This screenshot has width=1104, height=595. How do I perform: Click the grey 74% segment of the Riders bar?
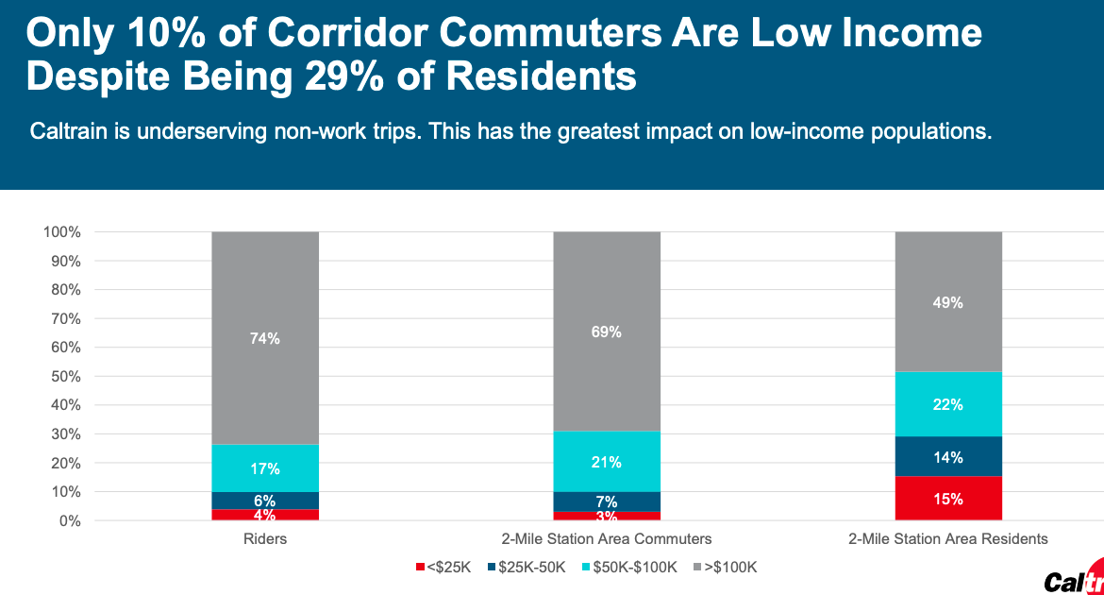click(265, 338)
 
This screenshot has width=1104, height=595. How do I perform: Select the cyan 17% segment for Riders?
click(265, 467)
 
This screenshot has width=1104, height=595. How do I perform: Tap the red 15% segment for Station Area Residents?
click(948, 499)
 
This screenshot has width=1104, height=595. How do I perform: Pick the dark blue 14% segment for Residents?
click(948, 457)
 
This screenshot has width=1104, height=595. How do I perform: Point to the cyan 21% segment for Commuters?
click(607, 462)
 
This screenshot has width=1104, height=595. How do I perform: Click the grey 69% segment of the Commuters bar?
click(607, 331)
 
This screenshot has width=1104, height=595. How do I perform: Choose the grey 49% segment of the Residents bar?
click(948, 302)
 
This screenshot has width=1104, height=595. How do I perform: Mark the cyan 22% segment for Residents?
click(948, 404)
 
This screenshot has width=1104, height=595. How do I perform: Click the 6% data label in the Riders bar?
click(265, 501)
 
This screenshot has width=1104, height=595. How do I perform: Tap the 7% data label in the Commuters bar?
click(607, 501)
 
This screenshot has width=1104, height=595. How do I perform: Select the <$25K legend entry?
click(443, 567)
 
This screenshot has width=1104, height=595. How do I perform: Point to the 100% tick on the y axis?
click(62, 232)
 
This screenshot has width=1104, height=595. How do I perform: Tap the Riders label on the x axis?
click(265, 539)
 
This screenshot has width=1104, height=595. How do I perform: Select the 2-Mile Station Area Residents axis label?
click(948, 539)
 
